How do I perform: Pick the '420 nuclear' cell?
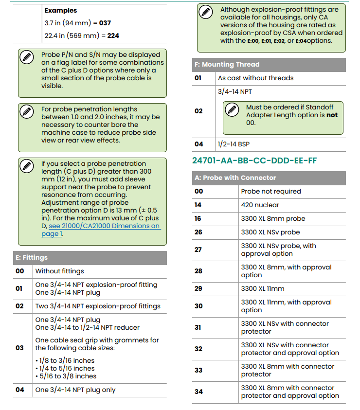tap(260, 205)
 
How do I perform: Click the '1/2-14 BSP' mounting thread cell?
tap(234, 144)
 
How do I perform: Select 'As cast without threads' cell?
tap(255, 78)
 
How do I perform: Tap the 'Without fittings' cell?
tap(60, 271)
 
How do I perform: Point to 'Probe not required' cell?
tap(271, 192)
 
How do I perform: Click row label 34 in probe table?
tap(198, 392)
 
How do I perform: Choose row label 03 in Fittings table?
tap(19, 348)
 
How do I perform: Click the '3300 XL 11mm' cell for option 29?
tap(263, 289)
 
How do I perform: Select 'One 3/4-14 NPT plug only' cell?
tap(75, 390)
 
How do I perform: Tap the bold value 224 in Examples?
tap(113, 36)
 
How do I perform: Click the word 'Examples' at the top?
tap(61, 10)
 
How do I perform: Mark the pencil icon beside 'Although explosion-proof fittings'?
tap(206, 12)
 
